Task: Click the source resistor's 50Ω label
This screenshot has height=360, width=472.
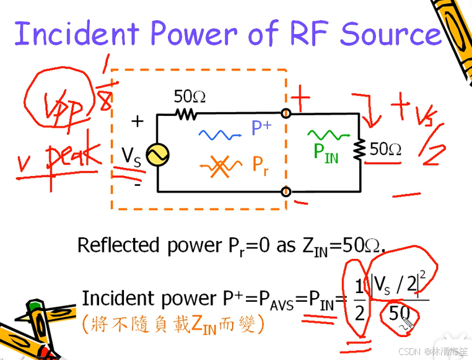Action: (x=190, y=97)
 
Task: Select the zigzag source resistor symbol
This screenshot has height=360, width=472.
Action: (x=185, y=114)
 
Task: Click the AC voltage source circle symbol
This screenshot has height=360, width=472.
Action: (x=157, y=155)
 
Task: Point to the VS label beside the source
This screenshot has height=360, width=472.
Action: (x=131, y=156)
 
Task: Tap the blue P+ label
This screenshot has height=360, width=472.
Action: (x=261, y=128)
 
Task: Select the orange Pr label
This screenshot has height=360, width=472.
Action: (x=260, y=165)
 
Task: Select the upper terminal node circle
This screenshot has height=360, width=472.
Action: (x=286, y=114)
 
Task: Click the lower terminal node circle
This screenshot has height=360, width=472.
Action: (x=286, y=191)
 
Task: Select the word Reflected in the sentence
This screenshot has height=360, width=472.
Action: (x=118, y=245)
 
